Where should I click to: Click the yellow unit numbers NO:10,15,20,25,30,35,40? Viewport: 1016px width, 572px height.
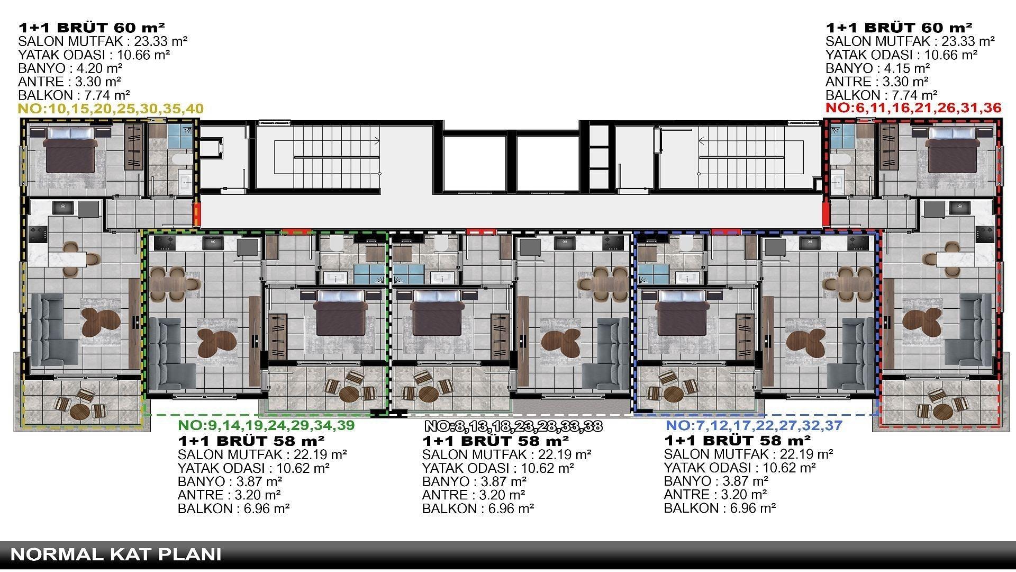click(x=111, y=109)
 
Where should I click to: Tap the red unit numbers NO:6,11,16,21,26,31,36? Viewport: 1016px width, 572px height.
click(x=913, y=109)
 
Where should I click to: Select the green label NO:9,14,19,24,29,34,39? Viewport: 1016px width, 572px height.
click(x=266, y=425)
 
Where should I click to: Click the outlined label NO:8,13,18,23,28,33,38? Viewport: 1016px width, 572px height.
click(x=513, y=426)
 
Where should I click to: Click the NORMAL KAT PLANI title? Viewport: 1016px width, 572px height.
click(x=116, y=555)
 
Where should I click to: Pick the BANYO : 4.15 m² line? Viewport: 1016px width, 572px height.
click(x=878, y=68)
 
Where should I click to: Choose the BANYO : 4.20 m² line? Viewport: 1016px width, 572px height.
click(x=70, y=68)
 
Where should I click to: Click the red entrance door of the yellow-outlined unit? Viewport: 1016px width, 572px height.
click(x=197, y=215)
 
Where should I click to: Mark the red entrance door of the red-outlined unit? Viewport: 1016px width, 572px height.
click(x=826, y=215)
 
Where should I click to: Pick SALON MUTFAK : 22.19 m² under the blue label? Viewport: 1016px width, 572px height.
click(x=748, y=454)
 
